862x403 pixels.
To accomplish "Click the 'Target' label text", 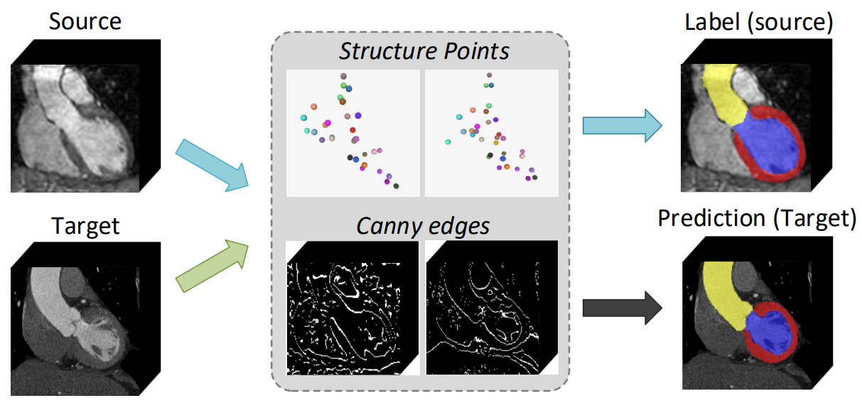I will point(85,226).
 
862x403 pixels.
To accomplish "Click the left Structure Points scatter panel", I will point(352,133).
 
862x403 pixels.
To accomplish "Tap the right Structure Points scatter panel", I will point(491,133).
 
